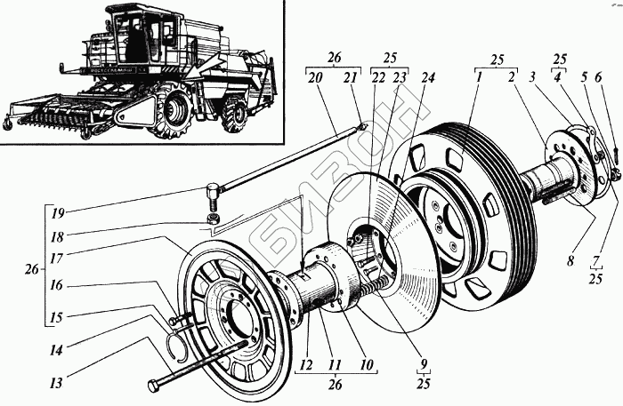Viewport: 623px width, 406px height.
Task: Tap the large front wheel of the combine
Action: pos(174,109)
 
